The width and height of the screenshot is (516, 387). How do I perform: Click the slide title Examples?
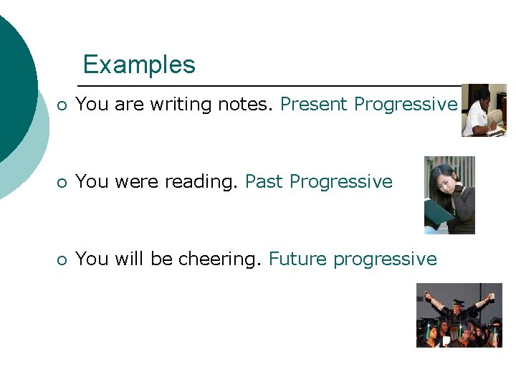pyautogui.click(x=139, y=64)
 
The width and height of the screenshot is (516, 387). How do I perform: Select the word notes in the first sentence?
pyautogui.click(x=245, y=105)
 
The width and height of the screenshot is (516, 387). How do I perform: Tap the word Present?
pyautogui.click(x=314, y=105)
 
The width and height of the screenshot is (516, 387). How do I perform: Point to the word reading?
pyautogui.click(x=201, y=182)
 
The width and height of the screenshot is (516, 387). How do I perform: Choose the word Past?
pyautogui.click(x=264, y=182)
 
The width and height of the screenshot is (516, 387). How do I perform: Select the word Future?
pyautogui.click(x=298, y=259)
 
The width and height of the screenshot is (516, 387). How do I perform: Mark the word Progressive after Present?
pyautogui.click(x=406, y=105)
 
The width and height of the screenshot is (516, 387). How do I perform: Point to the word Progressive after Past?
pyautogui.click(x=341, y=182)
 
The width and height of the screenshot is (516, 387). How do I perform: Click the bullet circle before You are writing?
pyautogui.click(x=63, y=105)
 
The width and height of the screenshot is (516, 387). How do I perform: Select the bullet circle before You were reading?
pyautogui.click(x=63, y=183)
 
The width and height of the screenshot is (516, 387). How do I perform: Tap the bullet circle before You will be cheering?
pyautogui.click(x=63, y=259)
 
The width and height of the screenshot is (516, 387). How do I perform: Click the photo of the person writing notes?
pyautogui.click(x=484, y=110)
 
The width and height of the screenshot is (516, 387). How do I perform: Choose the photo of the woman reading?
pyautogui.click(x=449, y=195)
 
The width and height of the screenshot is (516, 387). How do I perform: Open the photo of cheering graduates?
pyautogui.click(x=459, y=315)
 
